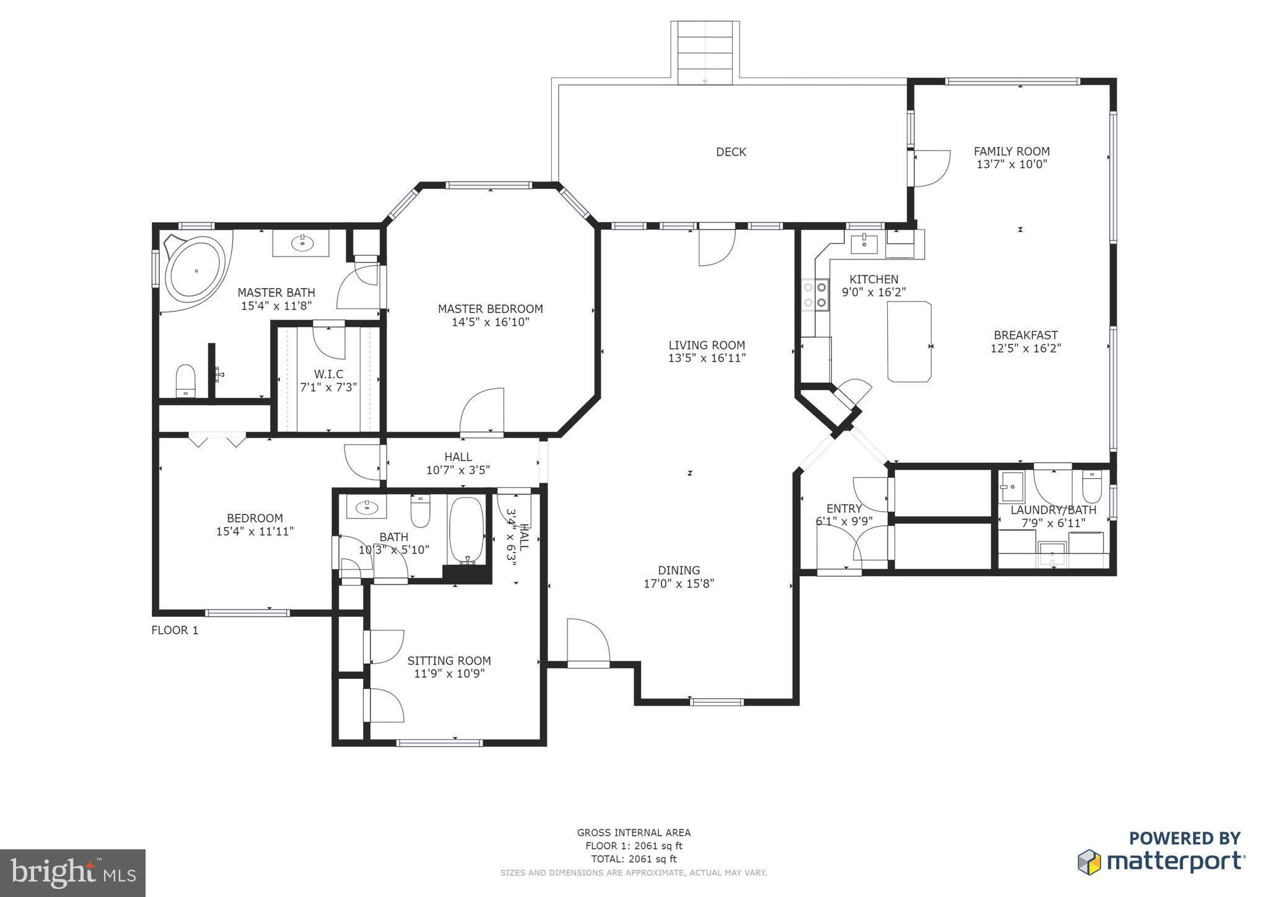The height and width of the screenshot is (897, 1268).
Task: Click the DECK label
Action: pos(731,152)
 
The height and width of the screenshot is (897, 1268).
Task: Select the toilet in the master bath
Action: pos(186,380)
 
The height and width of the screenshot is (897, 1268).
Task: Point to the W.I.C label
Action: pos(328,374)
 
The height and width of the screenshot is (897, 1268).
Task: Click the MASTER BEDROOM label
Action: pos(490,308)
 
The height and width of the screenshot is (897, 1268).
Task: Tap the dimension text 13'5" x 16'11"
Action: pos(707,358)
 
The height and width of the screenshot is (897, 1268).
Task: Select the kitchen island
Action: pos(909,341)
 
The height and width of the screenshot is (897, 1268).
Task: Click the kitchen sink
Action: pos(864,243)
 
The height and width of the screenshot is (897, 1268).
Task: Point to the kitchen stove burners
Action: pos(815,294)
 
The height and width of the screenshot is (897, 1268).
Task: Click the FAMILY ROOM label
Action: pos(1012,151)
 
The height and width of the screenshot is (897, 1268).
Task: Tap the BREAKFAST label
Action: pos(1026,335)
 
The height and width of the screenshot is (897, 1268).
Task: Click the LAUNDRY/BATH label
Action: pos(1053,510)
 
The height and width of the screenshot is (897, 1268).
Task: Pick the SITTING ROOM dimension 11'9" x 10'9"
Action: pos(449,673)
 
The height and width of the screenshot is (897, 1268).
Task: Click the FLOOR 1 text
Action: pos(175,630)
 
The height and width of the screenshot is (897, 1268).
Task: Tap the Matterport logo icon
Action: pos(1090,862)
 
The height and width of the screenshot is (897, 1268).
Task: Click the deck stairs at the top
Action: pos(705,52)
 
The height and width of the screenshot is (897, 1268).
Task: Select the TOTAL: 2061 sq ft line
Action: pos(634,859)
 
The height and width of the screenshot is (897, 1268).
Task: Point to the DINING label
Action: pos(679,570)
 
